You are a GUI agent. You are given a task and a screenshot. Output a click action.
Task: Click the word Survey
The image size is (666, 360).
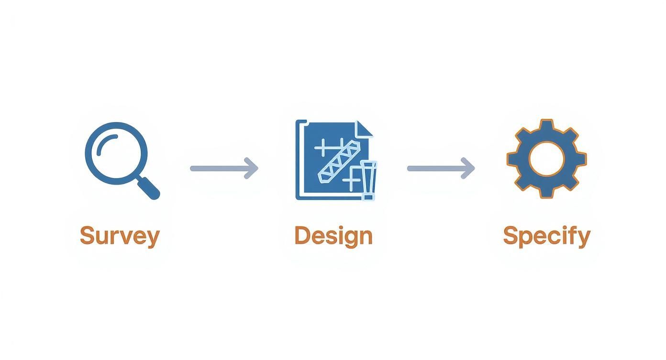click(120, 236)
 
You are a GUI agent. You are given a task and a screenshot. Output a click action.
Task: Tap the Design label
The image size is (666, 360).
click(333, 236)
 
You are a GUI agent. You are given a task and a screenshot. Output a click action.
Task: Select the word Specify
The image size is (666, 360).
click(546, 236)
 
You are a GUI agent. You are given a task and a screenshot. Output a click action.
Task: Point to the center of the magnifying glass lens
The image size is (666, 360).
click(116, 153)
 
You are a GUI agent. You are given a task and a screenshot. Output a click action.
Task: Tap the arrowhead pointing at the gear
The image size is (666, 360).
click(468, 168)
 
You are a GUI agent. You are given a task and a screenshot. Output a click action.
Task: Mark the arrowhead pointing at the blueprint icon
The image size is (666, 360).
click(252, 168)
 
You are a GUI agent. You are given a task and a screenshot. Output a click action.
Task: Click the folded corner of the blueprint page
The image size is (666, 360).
click(365, 129)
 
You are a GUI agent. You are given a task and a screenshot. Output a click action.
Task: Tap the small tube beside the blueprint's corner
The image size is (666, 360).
click(368, 180)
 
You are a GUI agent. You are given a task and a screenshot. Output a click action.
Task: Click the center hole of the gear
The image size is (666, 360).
click(546, 159)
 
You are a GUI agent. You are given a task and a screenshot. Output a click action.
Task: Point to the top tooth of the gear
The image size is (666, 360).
click(546, 125)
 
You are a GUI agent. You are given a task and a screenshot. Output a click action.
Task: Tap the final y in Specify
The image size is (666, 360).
click(585, 238)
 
